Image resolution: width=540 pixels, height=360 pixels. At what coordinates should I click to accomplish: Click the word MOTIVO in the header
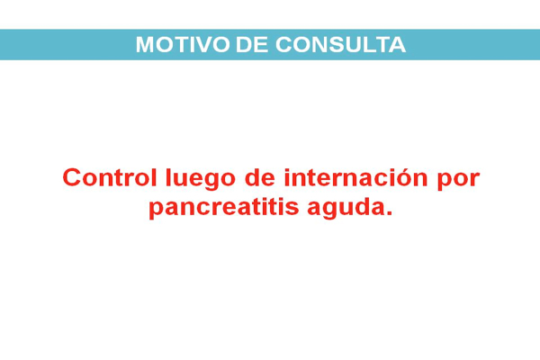tap(183, 45)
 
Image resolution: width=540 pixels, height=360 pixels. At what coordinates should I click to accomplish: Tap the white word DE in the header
tap(252, 45)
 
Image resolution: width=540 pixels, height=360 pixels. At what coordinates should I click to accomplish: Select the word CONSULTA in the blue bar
tap(340, 45)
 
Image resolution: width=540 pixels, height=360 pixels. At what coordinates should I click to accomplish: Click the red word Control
tap(110, 177)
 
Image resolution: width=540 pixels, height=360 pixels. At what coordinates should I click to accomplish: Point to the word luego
tap(201, 179)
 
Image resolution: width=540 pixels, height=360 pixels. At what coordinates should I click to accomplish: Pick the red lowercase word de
tap(260, 177)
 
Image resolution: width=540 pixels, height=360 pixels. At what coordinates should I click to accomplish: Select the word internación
tap(355, 177)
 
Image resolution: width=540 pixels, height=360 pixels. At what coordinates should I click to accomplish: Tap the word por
tap(458, 181)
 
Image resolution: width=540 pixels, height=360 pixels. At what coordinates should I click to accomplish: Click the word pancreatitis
tap(224, 208)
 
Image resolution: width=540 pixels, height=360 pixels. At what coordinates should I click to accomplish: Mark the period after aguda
tap(389, 213)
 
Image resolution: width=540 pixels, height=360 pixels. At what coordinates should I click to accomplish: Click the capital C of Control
tap(72, 177)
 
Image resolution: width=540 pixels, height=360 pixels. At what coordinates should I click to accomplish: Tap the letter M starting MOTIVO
tap(145, 45)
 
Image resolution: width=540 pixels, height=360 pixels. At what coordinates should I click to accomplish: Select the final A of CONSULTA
tap(398, 45)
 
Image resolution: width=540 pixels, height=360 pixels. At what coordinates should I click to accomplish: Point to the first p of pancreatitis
tap(157, 210)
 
